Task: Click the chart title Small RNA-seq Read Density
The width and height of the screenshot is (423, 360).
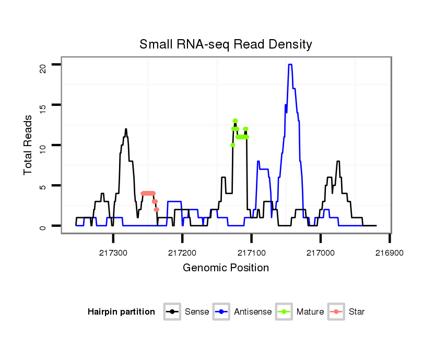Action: click(226, 44)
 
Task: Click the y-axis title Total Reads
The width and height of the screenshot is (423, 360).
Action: click(29, 145)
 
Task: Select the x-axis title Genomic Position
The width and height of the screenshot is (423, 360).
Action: click(226, 268)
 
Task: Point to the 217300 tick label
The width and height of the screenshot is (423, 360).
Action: click(113, 252)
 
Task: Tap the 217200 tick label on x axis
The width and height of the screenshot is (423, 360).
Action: click(182, 252)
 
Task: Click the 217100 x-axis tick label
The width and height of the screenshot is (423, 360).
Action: click(251, 252)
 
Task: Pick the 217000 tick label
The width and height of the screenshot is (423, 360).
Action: click(321, 252)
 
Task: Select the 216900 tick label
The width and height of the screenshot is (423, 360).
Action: click(390, 252)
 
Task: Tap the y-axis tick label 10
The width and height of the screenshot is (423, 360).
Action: click(43, 145)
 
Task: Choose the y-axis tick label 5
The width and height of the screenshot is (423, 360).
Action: click(43, 186)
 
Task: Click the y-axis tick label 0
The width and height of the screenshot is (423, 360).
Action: click(43, 226)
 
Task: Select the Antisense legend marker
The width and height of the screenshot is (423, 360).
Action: click(221, 312)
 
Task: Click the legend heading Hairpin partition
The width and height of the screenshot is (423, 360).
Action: click(121, 312)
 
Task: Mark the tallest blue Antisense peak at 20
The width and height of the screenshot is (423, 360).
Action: click(290, 65)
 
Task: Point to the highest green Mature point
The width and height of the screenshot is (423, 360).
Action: click(235, 121)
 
